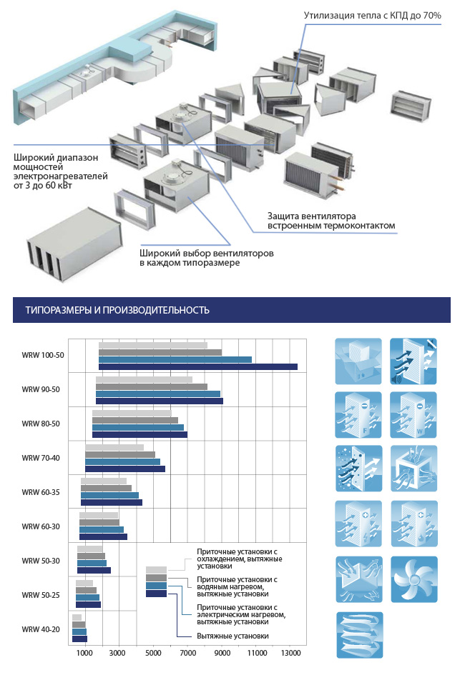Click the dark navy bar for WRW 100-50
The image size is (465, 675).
[198, 366]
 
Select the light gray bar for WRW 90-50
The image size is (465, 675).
[144, 380]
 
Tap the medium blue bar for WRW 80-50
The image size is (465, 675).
[138, 427]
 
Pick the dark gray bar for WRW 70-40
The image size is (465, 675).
[119, 454]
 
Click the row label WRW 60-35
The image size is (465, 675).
[41, 492]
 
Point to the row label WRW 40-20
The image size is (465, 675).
[41, 629]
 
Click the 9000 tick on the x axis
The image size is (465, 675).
[222, 653]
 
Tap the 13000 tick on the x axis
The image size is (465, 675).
[290, 653]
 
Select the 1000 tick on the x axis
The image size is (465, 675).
[84, 653]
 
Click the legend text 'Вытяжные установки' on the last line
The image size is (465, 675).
[232, 636]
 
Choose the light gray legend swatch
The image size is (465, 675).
[156, 571]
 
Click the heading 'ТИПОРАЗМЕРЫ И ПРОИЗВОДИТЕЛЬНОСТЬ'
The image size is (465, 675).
[117, 310]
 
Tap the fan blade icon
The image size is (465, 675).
[413, 579]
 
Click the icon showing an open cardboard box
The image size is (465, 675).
[358, 361]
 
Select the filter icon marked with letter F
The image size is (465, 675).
[358, 415]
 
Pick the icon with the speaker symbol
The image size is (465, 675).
[413, 361]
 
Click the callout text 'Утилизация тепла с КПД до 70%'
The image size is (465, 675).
[372, 16]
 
